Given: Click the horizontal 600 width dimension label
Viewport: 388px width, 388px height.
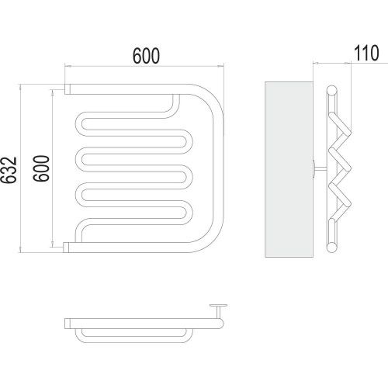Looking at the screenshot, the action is pos(146,56).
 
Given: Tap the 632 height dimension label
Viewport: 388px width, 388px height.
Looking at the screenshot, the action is pos(9,170).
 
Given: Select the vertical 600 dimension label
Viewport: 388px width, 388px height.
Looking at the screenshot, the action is pos(41,168).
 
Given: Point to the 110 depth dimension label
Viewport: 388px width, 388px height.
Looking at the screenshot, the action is pos(366,54).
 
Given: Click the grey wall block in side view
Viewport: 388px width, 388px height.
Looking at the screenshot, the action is pos(289,169).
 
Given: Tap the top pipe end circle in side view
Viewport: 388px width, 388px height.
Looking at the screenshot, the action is pos(331,91).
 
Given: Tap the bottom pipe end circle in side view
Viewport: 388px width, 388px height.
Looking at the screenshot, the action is pos(331,248).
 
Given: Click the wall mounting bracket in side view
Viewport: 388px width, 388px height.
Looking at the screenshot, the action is pos(320,168).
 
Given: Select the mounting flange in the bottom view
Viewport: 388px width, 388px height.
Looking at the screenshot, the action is pos(219,306).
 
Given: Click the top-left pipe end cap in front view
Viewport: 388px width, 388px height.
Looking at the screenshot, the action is pos(68,89).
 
